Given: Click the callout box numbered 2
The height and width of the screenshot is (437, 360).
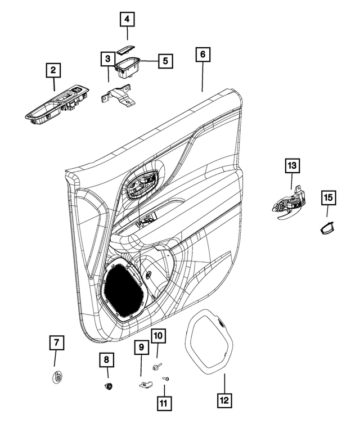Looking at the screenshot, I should click(53, 71).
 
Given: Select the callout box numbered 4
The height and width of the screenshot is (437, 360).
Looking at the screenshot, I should click(127, 20).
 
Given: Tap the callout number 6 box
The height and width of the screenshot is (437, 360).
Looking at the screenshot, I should click(203, 55).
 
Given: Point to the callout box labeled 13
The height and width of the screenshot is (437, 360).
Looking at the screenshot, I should click(291, 166).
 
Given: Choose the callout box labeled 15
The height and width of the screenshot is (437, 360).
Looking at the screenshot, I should click(328, 197).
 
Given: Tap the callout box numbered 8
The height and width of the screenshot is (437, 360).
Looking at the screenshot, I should click(106, 359).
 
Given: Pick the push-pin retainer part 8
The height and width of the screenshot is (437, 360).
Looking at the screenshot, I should click(107, 385).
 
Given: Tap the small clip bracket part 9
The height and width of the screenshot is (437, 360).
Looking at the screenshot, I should click(145, 384).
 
